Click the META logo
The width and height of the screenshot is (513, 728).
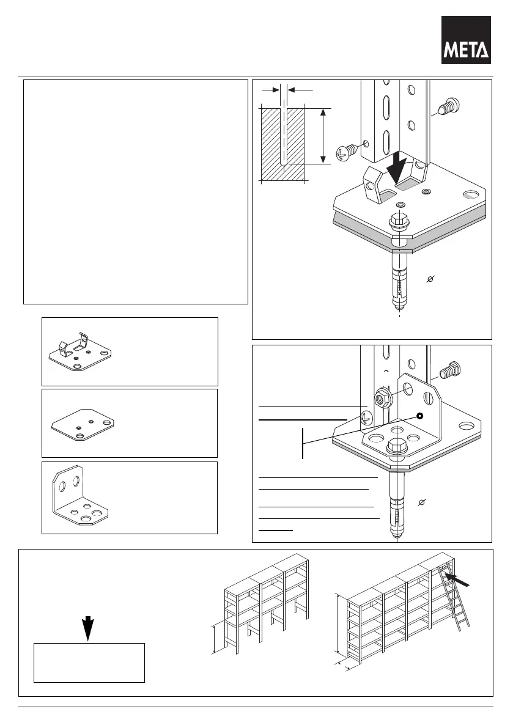[x=466, y=40]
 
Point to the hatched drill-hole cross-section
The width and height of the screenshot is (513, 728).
[x=282, y=144]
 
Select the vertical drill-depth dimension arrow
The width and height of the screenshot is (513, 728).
[x=323, y=136]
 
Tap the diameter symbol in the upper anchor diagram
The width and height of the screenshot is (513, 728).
[x=430, y=279]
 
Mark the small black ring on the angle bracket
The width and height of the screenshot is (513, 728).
[x=420, y=416]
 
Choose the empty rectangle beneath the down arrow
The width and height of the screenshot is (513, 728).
[x=89, y=662]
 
